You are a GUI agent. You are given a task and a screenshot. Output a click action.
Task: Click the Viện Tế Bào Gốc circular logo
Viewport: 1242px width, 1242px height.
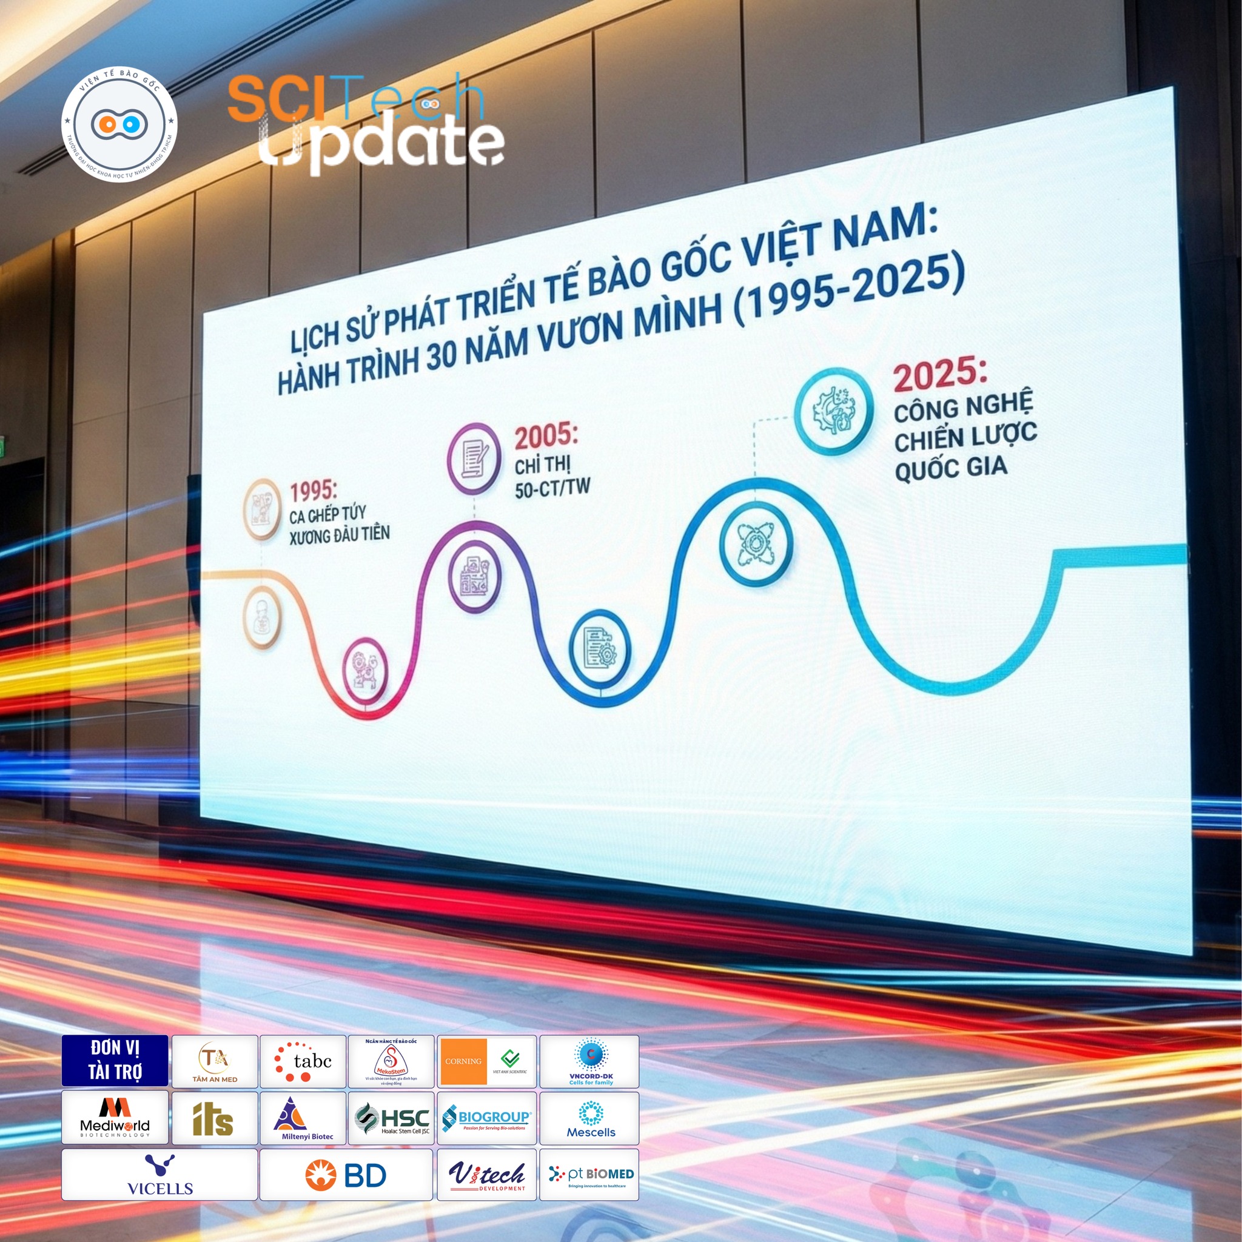[119, 124]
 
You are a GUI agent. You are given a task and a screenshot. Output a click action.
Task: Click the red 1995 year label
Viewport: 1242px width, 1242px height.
[313, 491]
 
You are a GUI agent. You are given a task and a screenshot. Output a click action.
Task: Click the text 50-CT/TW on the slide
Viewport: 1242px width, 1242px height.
[552, 488]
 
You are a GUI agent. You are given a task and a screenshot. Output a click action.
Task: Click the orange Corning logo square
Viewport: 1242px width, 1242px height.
[463, 1061]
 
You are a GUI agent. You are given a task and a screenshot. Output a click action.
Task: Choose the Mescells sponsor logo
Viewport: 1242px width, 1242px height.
[590, 1119]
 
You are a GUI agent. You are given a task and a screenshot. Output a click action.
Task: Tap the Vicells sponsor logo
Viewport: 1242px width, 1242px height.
[159, 1175]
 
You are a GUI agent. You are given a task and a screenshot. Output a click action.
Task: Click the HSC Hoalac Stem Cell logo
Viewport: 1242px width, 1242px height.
[392, 1119]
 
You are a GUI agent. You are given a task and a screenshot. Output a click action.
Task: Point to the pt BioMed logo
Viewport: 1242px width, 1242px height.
[590, 1175]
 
